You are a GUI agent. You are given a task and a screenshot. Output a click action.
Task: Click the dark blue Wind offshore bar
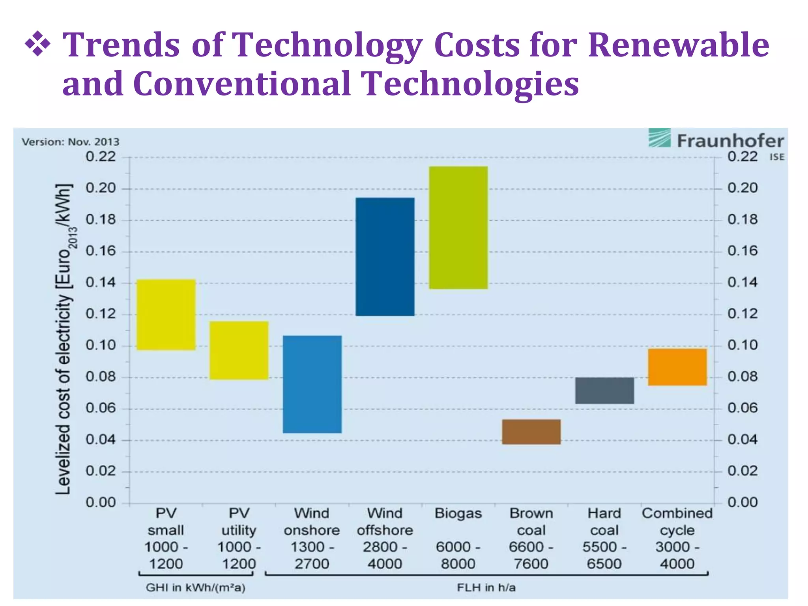(x=385, y=256)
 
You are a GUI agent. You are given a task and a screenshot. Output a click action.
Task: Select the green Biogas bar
(x=458, y=228)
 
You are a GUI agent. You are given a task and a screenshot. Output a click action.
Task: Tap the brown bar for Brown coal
(x=531, y=432)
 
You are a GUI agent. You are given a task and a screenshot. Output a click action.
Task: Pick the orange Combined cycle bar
(x=677, y=367)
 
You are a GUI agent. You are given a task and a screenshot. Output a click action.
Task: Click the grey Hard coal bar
(x=604, y=390)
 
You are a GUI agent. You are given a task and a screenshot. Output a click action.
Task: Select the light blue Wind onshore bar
(x=312, y=384)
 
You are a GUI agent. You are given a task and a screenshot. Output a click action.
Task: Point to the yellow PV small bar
(x=166, y=314)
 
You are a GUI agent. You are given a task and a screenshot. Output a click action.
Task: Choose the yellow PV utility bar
(x=239, y=350)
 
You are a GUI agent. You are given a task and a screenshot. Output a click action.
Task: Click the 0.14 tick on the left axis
(x=101, y=282)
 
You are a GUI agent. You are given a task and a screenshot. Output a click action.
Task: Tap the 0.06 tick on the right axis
(x=742, y=408)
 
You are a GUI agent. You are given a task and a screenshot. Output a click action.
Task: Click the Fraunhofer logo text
(x=730, y=141)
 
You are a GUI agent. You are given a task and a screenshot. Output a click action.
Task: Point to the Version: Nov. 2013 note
(x=70, y=142)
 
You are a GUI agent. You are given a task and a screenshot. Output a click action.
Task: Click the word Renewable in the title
(x=678, y=45)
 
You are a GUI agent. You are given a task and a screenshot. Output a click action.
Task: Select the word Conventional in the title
(x=242, y=84)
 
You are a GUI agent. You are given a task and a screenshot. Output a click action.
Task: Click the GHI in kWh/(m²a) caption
(x=196, y=588)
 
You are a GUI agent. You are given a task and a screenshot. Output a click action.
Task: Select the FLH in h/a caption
(x=486, y=588)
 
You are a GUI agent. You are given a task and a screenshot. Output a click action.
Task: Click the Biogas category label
(x=458, y=513)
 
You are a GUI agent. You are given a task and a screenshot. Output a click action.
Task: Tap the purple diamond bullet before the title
(x=37, y=44)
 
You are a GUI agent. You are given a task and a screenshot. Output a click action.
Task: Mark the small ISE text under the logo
(x=776, y=157)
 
